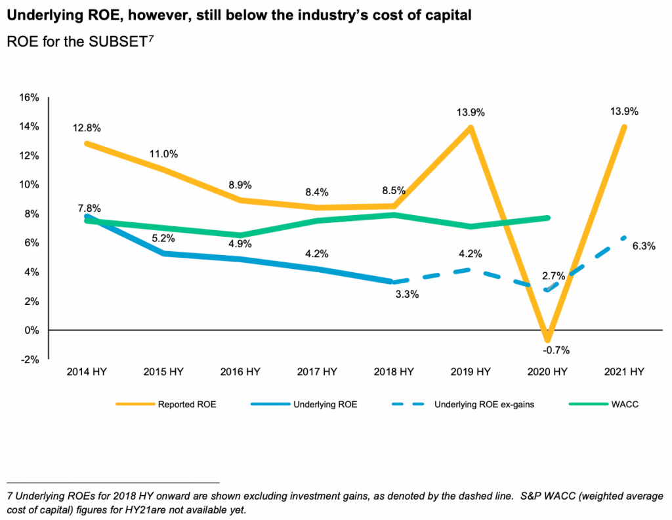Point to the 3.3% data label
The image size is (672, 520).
pos(406,294)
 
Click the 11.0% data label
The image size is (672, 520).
pos(165,154)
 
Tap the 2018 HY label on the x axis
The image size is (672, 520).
pos(394,372)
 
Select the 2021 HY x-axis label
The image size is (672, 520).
pos(623,372)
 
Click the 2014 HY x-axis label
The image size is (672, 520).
pos(87,372)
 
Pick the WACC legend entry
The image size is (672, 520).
pos(625,405)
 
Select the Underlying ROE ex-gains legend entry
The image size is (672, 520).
pos(484,405)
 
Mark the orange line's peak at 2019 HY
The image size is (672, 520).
pos(470,127)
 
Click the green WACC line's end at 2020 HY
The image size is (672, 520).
pos(547,218)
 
